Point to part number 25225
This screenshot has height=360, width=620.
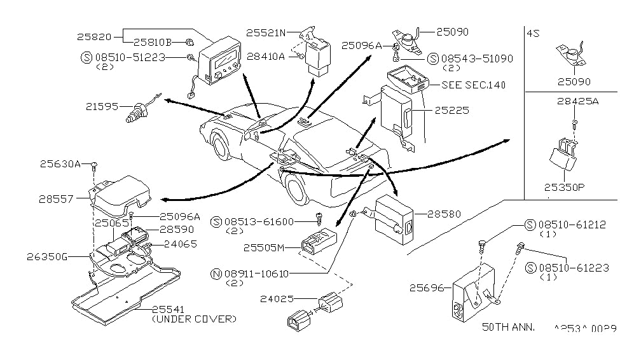coord(451,110)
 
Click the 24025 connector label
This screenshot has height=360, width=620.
coord(277,298)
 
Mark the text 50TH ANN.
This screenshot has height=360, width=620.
coord(509,327)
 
